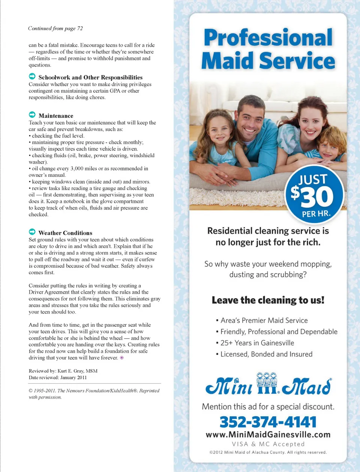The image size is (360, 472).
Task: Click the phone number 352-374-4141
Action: tap(268, 422)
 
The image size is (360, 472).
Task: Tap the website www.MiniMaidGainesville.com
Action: tap(268, 435)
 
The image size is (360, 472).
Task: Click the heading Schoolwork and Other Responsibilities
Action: tap(90, 78)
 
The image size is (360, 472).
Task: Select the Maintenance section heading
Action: tap(56, 116)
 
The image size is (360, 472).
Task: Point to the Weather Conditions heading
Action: tap(65, 233)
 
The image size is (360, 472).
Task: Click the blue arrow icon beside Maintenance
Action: tap(32, 115)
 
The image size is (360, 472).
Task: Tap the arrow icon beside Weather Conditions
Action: tap(32, 232)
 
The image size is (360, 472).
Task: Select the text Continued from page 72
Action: tap(55, 28)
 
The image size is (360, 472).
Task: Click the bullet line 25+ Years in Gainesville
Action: tap(257, 343)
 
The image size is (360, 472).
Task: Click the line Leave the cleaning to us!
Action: tap(268, 300)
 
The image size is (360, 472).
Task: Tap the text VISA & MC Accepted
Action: tap(268, 444)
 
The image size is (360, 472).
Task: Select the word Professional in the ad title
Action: tap(268, 37)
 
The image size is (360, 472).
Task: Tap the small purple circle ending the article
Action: tap(121, 358)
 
